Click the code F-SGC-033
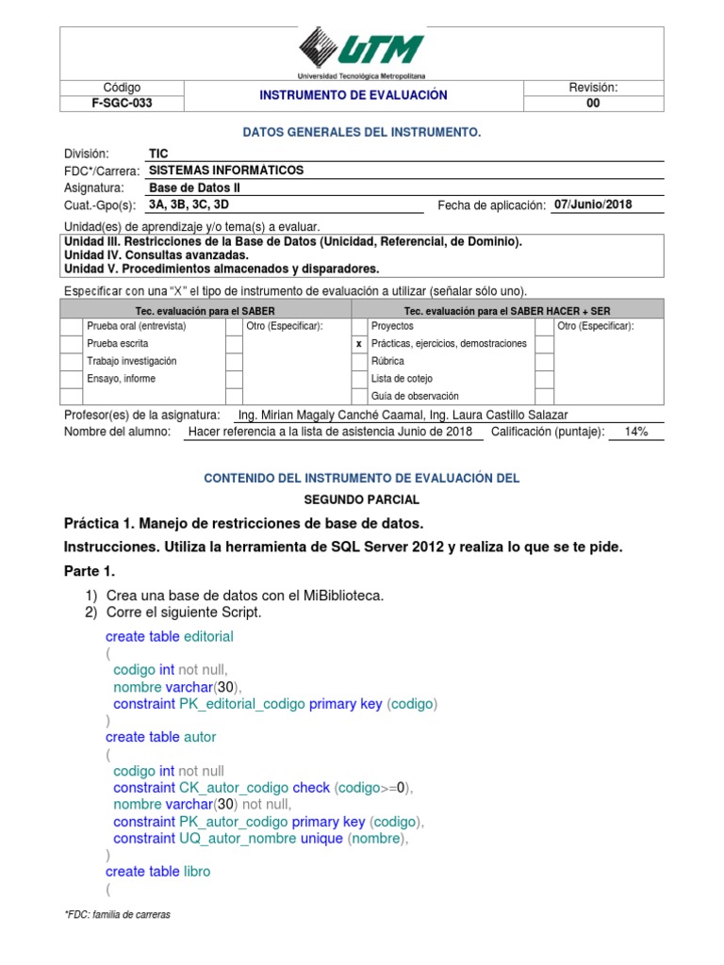click(122, 104)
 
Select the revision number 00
click(592, 104)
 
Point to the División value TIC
click(158, 154)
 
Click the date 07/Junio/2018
click(593, 204)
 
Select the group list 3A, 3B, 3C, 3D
click(189, 204)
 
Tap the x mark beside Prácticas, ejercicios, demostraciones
click(359, 344)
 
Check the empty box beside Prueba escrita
click(71, 344)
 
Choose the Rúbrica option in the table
click(388, 361)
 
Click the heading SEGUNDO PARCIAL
click(361, 499)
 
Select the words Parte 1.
click(90, 572)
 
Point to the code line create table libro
click(157, 872)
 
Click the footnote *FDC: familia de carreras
click(117, 915)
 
